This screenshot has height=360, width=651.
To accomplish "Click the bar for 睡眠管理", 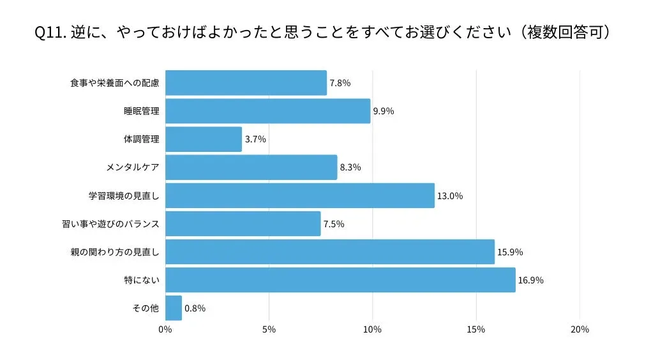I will coord(267,111).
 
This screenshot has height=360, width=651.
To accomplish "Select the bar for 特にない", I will coord(340,280).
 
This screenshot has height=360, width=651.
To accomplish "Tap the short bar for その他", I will coord(174,308).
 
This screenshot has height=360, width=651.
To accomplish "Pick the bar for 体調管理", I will coord(204,139).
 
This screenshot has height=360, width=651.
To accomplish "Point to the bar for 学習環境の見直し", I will coord(299,195).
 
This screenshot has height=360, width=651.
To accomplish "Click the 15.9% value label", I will coord(510,252).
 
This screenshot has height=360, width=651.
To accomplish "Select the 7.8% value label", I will coord(340,83).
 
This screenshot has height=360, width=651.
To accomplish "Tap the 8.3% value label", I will coord(350,167).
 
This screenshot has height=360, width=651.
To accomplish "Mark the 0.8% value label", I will coord(195,308).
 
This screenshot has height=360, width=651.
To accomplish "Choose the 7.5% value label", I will coord(334,224).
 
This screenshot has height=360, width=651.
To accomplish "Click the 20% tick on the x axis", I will coord(580,329).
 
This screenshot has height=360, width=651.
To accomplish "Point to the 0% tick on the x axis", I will coord(165,329).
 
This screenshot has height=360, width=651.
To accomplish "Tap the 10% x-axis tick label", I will coord(372,329).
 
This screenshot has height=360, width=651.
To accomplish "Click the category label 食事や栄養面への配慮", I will coord(114,83).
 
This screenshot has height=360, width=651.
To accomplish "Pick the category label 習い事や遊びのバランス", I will coord(110,224).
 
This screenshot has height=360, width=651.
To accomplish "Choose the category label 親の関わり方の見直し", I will coord(114,252).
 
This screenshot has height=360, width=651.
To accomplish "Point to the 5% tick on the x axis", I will coord(269,329).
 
